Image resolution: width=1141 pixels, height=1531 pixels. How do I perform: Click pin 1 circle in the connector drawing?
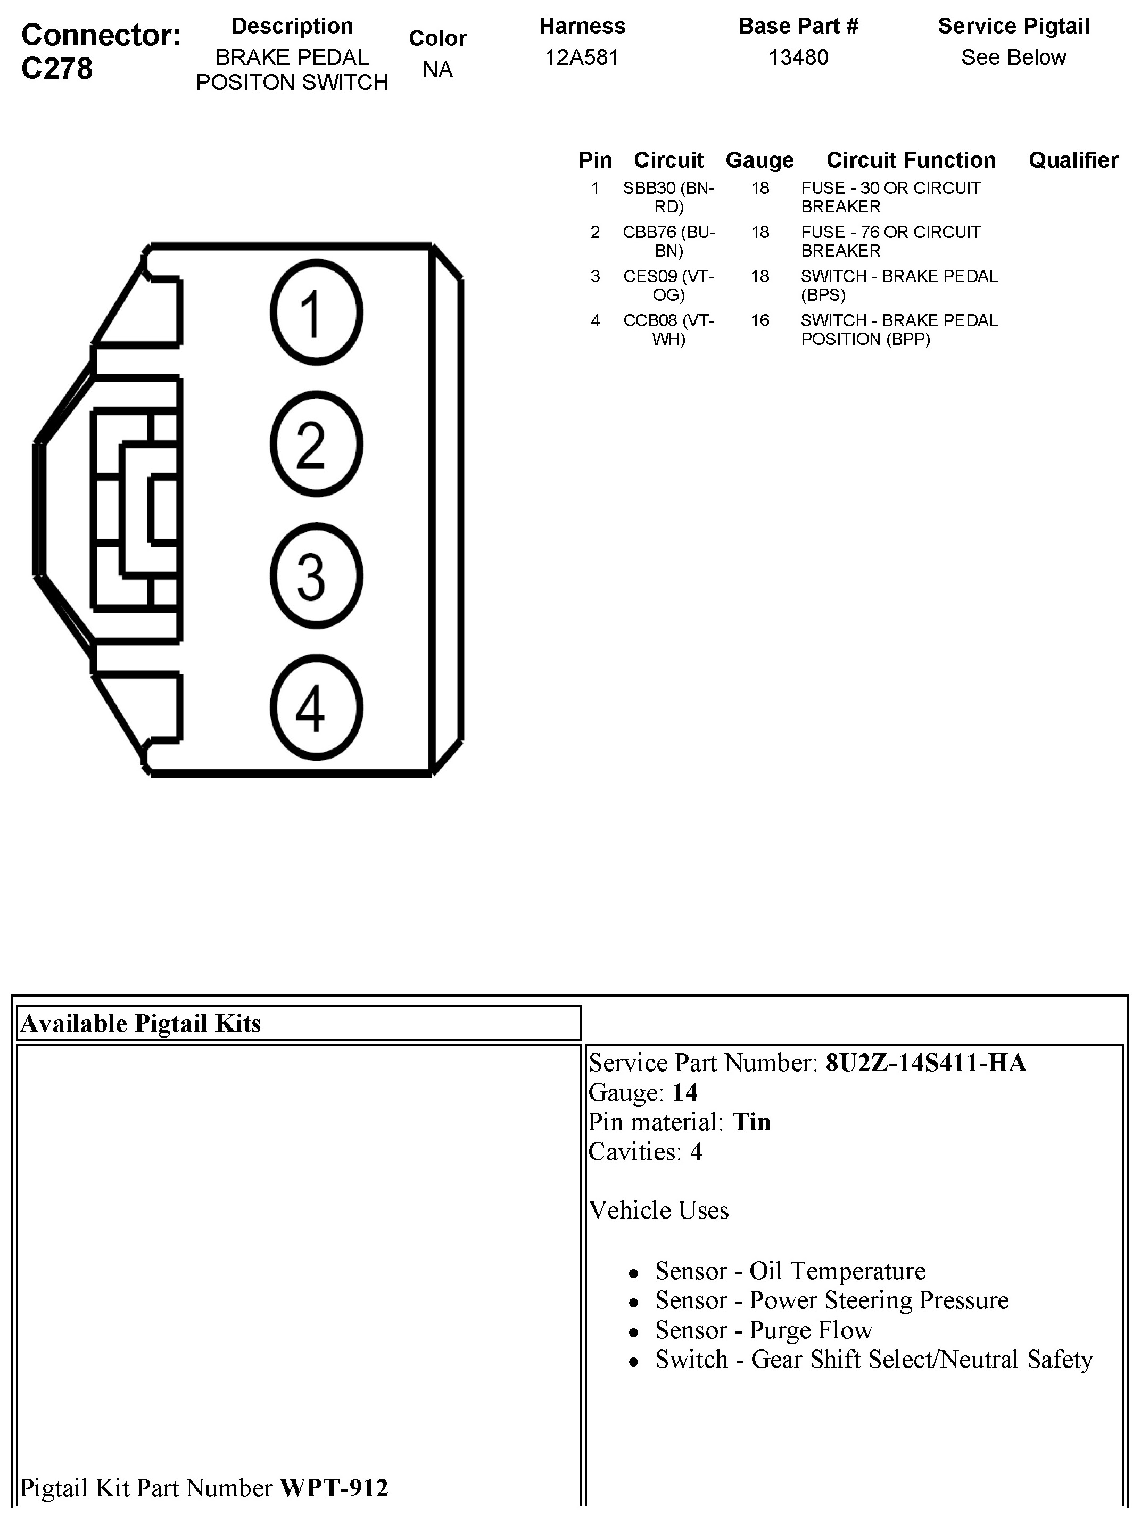(316, 311)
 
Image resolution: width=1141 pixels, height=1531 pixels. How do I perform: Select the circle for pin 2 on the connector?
(316, 443)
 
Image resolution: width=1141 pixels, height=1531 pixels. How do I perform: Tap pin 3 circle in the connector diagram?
(316, 575)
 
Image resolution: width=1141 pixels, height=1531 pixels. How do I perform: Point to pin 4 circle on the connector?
(316, 707)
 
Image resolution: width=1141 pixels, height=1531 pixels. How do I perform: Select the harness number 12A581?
(582, 57)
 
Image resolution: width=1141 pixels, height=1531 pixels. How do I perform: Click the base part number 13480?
(798, 57)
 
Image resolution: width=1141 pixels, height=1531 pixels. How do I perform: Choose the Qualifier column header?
(1073, 160)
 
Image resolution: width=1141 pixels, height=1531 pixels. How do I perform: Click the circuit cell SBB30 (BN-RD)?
(668, 197)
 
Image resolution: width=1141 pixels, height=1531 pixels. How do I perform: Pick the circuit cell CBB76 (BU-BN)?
(668, 241)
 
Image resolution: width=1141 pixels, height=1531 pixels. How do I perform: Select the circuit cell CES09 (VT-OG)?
(668, 285)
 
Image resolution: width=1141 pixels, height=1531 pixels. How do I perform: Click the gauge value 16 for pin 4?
(760, 320)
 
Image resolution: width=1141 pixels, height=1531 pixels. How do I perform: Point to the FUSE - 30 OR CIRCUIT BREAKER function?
(890, 197)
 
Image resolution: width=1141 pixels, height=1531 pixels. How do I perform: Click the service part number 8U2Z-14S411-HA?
(925, 1063)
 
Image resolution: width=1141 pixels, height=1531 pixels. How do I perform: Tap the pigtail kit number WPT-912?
(334, 1487)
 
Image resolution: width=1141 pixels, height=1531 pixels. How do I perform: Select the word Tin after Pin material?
(751, 1122)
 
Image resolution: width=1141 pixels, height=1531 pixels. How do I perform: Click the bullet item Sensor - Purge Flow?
(763, 1330)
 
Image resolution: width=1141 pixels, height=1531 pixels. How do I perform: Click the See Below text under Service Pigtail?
(1013, 57)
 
